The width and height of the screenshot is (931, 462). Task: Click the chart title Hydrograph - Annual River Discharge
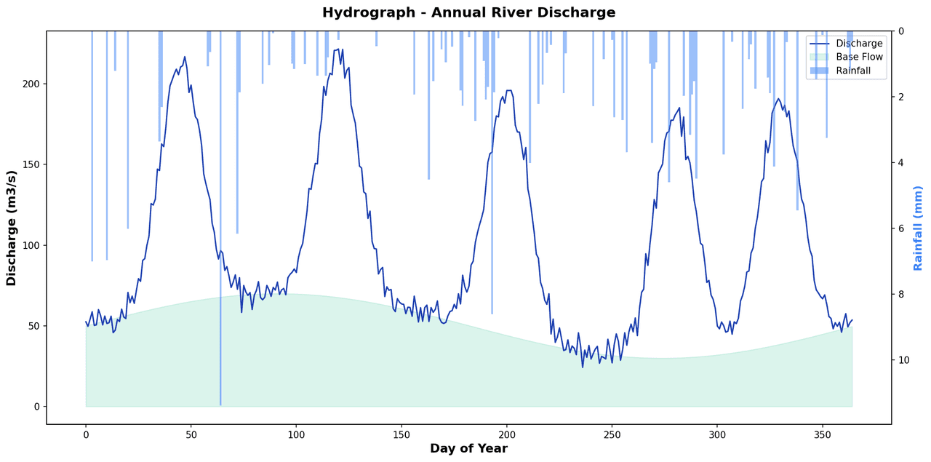coord(468,13)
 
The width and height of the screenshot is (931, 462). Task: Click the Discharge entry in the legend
coord(859,44)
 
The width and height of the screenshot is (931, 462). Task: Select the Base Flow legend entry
coord(859,57)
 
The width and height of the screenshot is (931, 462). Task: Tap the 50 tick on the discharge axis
coord(33,326)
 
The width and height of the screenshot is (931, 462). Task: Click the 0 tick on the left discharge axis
coord(36,407)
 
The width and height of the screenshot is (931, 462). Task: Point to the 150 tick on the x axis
coord(401,434)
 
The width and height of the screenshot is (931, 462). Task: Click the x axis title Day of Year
coord(468,449)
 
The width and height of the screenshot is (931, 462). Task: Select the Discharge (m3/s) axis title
coord(12,228)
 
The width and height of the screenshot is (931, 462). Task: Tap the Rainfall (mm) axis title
coord(918,228)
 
